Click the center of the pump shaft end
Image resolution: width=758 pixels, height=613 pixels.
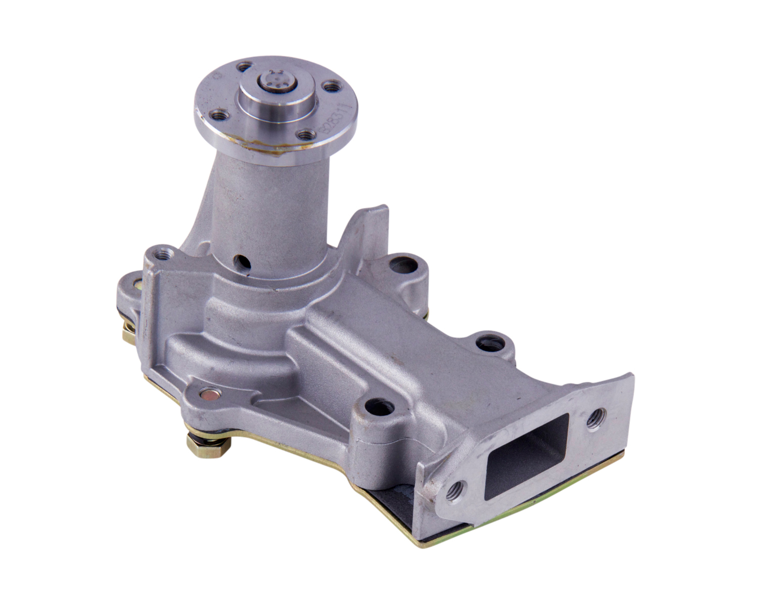[275, 82]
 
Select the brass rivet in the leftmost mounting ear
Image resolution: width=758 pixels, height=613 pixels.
[136, 286]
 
